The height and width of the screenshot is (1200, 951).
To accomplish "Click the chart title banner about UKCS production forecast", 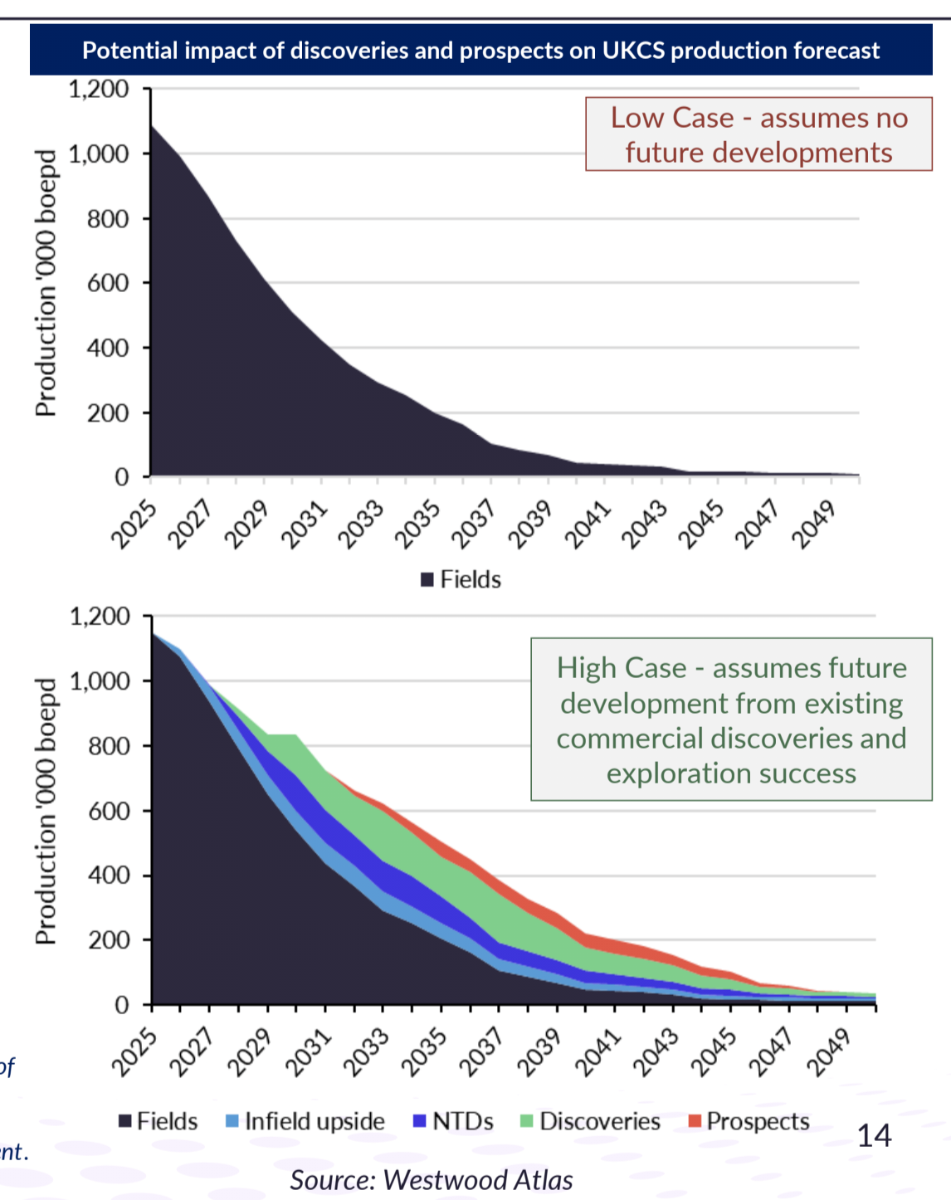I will (x=480, y=51).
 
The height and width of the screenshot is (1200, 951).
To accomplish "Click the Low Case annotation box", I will (x=758, y=134).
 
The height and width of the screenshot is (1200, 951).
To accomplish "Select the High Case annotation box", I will (x=731, y=720).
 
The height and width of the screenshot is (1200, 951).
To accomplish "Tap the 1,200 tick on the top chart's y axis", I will (x=99, y=89).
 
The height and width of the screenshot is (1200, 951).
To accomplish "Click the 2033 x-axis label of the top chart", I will (x=361, y=524).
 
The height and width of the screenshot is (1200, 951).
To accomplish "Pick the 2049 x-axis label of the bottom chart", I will (x=829, y=1052).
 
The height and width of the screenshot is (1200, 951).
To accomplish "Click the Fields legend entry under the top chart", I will (x=461, y=579).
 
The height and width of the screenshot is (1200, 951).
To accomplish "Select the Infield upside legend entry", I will (x=305, y=1122).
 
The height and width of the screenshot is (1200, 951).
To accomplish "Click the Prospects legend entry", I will (x=749, y=1122).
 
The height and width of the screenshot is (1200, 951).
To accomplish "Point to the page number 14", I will (x=874, y=1135).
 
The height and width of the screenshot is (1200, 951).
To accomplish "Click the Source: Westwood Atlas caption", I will (x=432, y=1180).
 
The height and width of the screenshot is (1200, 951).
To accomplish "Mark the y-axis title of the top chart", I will (x=46, y=282).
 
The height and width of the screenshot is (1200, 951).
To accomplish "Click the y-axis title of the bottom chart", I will (x=46, y=811).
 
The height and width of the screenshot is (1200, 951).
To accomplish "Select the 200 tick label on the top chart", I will (x=109, y=412).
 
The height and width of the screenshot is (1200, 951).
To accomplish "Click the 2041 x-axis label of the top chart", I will (x=588, y=524).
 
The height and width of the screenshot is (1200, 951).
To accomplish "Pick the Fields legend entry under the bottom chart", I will (x=158, y=1122).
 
